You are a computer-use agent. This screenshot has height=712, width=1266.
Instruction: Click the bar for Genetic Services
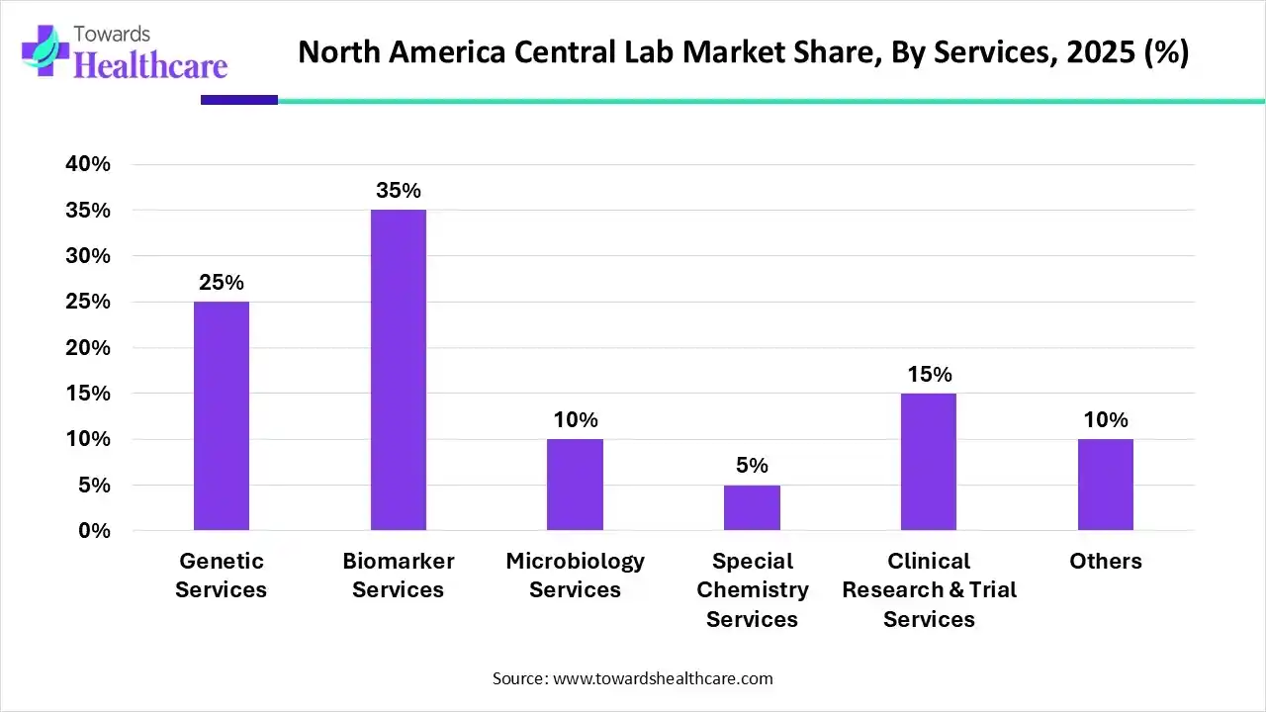click(x=222, y=415)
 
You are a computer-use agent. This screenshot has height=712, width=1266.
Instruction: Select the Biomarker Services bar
click(x=399, y=370)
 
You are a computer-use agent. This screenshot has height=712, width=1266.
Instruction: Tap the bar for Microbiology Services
click(x=575, y=485)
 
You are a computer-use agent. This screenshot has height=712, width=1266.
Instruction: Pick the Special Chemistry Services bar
click(x=752, y=507)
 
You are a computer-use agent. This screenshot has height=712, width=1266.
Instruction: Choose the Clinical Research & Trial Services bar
click(x=929, y=462)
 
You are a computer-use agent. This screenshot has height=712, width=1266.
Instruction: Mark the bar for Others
click(x=1106, y=485)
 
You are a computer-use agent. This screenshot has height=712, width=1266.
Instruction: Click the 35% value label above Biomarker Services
click(x=399, y=191)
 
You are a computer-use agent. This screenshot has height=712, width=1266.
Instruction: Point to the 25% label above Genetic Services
click(x=222, y=283)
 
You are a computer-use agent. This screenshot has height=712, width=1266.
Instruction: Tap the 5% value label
click(x=752, y=466)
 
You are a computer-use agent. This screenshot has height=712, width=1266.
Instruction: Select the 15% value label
click(x=929, y=375)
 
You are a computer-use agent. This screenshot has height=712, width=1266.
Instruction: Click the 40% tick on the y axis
click(x=88, y=164)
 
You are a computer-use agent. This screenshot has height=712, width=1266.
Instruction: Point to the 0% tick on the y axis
click(x=95, y=531)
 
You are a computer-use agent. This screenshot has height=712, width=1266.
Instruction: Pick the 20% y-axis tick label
click(x=88, y=348)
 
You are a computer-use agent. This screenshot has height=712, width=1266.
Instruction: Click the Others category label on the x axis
click(x=1106, y=562)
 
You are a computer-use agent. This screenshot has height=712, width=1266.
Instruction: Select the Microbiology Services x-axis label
click(x=575, y=576)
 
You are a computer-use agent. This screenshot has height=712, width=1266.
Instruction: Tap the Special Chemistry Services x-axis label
click(x=752, y=589)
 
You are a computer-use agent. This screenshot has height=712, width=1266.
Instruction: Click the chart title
click(x=743, y=52)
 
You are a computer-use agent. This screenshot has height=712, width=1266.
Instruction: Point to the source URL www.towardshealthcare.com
click(x=662, y=678)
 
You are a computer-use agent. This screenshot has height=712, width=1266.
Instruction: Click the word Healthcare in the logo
click(x=150, y=65)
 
